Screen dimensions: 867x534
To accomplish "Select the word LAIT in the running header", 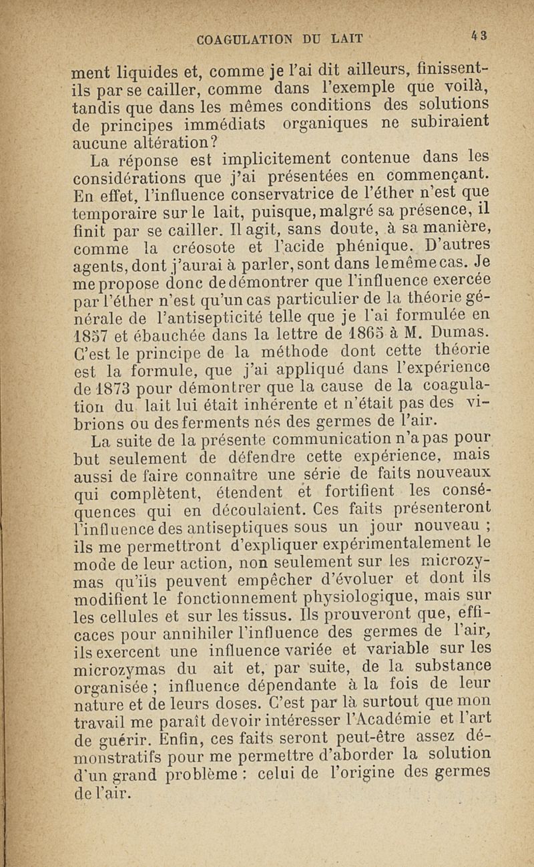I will (x=346, y=39).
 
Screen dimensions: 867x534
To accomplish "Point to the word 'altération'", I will (x=157, y=142).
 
